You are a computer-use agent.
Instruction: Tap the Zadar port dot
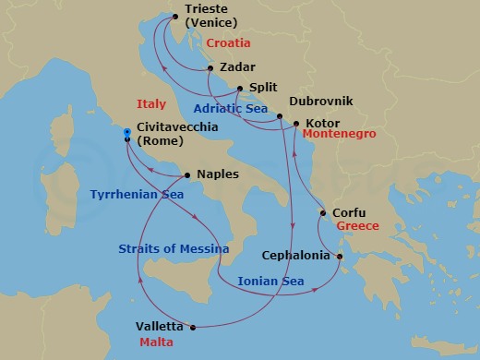[211, 67]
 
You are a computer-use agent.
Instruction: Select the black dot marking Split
[240, 89]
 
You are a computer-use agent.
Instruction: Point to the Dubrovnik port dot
[279, 116]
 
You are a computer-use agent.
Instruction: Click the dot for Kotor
[295, 123]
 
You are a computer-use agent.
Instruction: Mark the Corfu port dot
[322, 213]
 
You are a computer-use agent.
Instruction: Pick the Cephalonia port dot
[340, 258]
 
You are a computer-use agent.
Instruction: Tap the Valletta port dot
[193, 327]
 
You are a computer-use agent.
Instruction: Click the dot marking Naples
[187, 174]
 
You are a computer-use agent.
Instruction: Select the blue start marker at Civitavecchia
[127, 136]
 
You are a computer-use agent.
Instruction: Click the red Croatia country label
[230, 42]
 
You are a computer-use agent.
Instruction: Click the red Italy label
[150, 103]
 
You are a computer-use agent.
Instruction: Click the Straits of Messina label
[169, 248]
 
